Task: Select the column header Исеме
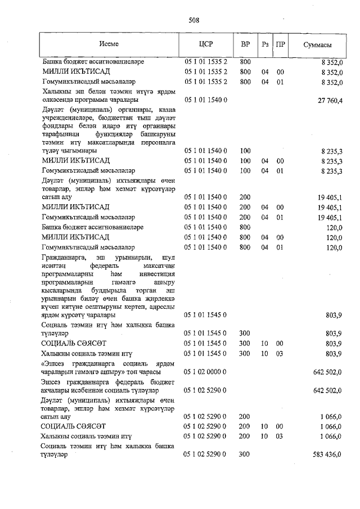point(109,44)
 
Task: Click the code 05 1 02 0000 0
point(205,372)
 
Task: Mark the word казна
point(164,109)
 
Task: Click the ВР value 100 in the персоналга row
point(245,151)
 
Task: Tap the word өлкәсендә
point(60,101)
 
